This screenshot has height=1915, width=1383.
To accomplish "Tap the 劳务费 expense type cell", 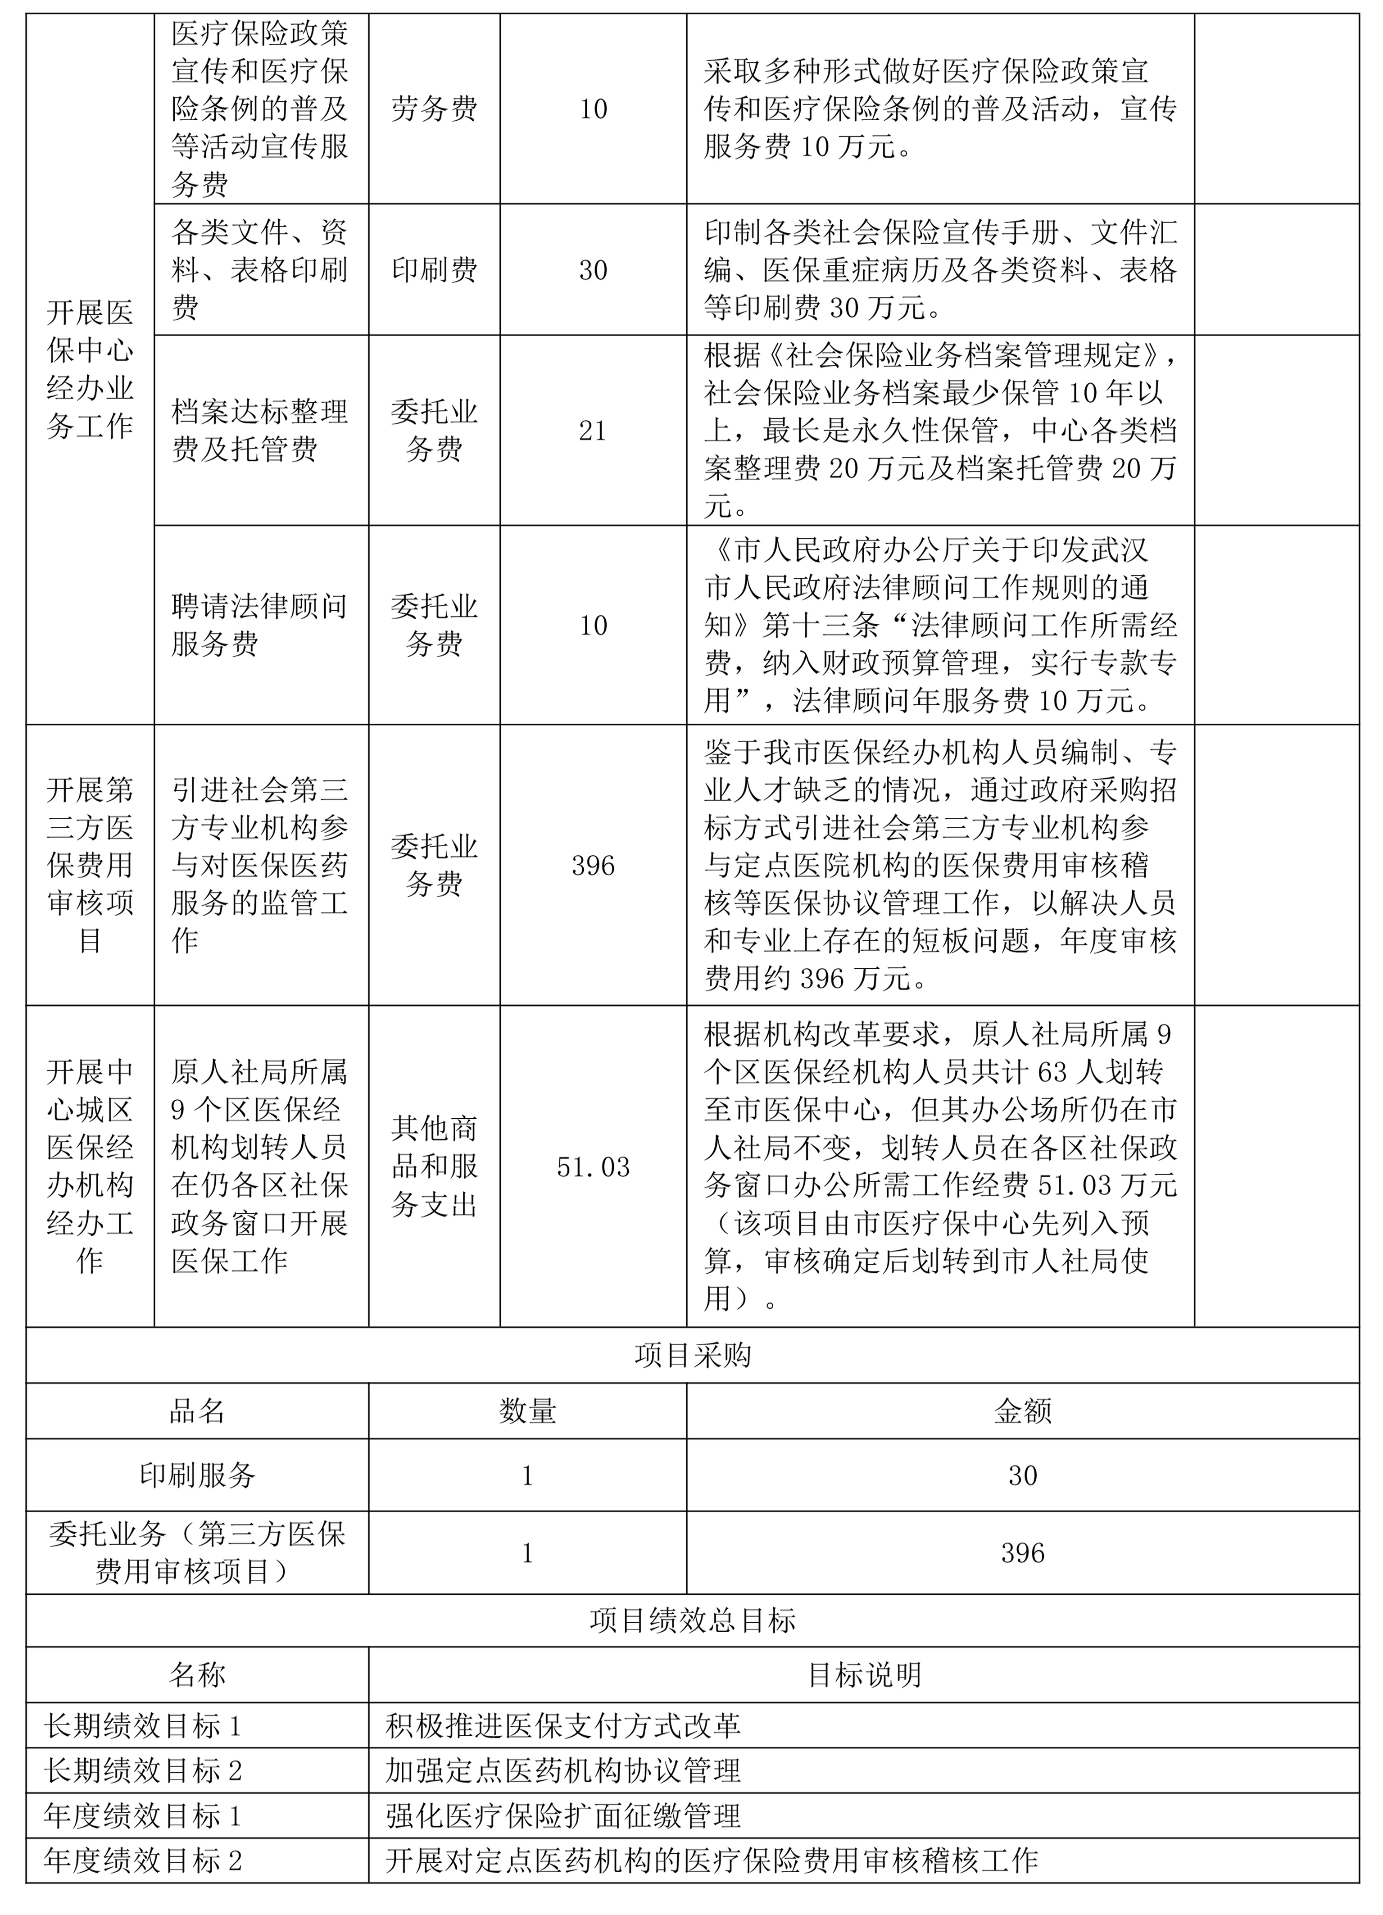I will coord(434,109).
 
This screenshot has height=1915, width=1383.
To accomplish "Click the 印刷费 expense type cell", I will coord(434,269).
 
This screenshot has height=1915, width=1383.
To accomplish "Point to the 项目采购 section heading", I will coord(692,1355).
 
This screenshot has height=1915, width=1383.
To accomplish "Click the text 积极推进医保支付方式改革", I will coord(563,1725).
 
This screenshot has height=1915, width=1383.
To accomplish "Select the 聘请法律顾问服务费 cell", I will coord(259,625).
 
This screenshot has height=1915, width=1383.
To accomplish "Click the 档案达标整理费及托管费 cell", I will coord(259,431).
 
